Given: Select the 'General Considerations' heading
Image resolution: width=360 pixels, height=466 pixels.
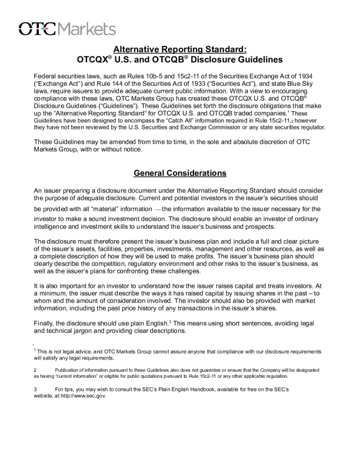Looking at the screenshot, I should [x=180, y=174].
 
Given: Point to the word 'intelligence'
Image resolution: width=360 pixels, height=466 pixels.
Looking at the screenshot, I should [x=53, y=227].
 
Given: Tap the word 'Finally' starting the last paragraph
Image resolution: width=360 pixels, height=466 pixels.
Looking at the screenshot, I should [x=45, y=322].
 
